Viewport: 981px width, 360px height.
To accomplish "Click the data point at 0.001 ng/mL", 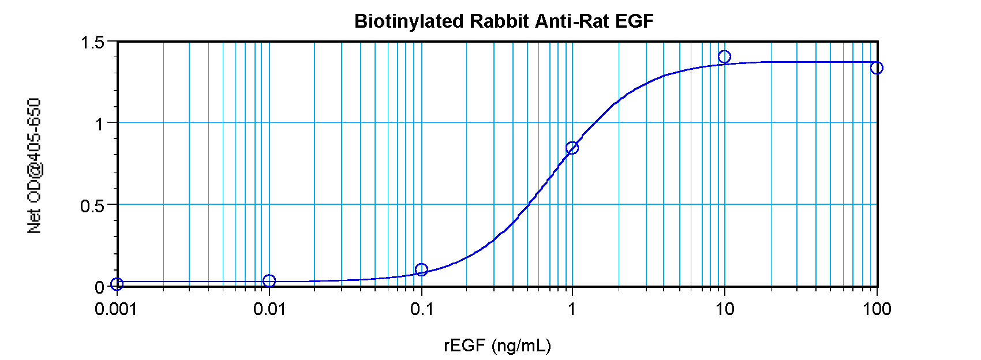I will pos(117,284).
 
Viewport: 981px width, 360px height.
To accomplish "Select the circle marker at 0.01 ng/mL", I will pos(269,281).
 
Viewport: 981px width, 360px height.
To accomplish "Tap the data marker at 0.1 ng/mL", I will pos(421,269).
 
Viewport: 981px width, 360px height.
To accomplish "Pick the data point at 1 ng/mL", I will pos(572,148).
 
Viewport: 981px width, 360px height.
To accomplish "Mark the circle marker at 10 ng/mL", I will pos(724,57).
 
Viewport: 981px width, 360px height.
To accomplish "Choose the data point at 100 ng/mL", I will pos(877,68).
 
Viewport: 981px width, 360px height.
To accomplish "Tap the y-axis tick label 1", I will pos(99,124).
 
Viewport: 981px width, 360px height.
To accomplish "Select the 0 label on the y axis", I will pos(99,287).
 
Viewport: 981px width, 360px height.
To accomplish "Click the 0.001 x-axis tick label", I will pos(117,310).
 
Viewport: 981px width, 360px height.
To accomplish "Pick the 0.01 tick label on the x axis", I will pos(269,310).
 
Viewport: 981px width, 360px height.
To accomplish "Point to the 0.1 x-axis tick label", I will pos(422,310).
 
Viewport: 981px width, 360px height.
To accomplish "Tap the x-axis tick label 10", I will pos(725,310).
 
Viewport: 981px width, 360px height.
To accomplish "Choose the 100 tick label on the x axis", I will pos(877,310).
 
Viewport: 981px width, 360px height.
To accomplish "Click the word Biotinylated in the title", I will pos(409,22).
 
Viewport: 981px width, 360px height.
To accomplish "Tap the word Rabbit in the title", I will pos(500,22).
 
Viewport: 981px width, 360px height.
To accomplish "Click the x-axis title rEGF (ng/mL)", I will pos(497,346).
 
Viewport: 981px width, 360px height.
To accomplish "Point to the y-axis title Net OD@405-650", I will pos(35,166).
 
